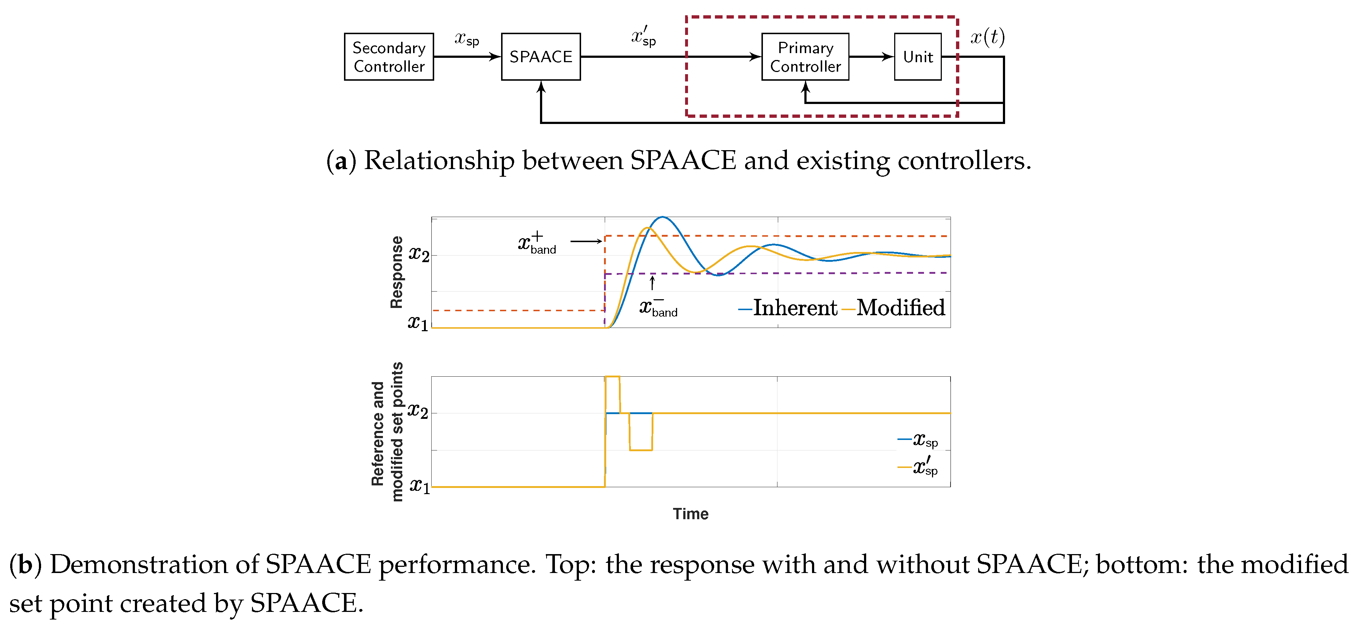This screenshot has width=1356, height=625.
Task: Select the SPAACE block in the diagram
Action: coord(541,57)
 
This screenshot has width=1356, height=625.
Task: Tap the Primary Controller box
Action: coord(805,57)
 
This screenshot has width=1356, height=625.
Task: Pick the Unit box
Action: coord(917,57)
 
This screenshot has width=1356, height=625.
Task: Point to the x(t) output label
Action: coord(988,37)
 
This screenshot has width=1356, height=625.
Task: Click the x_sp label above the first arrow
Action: coord(467,39)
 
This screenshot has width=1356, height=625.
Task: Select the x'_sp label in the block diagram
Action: coord(644,36)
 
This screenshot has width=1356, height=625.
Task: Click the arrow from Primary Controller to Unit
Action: coord(871,57)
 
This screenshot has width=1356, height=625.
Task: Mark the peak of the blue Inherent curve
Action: coord(662,217)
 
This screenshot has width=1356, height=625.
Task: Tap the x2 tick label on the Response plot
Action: coord(419,255)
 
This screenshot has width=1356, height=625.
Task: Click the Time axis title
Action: coord(691,514)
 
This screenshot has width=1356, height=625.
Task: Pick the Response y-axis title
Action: coord(396,272)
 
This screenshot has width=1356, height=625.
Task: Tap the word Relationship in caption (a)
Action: coord(439,161)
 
